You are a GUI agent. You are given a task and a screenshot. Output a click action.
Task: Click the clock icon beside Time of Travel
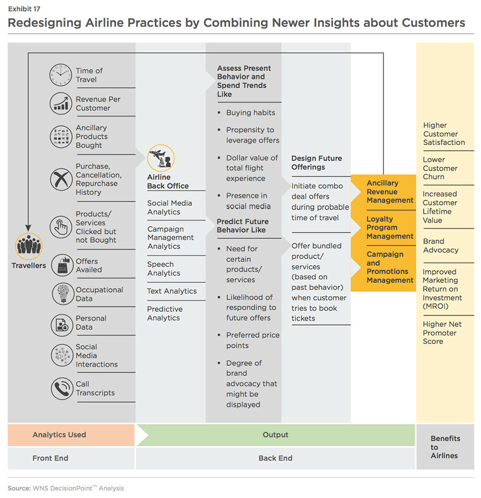click(x=60, y=75)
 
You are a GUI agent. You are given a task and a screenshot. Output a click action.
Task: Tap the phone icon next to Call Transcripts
click(x=61, y=388)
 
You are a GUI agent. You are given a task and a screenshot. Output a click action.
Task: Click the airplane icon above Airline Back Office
click(x=161, y=158)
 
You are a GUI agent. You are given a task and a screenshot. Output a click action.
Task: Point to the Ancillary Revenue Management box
click(x=390, y=191)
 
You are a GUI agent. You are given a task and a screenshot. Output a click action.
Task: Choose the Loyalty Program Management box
click(x=390, y=227)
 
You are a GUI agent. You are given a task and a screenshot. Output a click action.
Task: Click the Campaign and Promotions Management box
click(x=390, y=267)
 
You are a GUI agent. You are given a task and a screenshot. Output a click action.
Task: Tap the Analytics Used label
click(x=59, y=435)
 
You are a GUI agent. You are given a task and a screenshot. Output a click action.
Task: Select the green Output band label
click(x=275, y=435)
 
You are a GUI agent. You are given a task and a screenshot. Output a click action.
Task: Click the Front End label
click(x=50, y=458)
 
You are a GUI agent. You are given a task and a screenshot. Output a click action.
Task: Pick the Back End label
click(x=275, y=458)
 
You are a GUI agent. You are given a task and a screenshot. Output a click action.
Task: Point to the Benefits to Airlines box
click(x=445, y=447)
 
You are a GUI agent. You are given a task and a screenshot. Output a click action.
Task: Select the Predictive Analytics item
click(x=165, y=313)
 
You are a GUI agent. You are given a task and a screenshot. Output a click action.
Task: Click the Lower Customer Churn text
click(x=440, y=168)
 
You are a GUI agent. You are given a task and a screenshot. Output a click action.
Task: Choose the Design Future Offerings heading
click(x=316, y=163)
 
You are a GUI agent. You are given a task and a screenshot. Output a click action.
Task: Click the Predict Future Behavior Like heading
click(x=243, y=226)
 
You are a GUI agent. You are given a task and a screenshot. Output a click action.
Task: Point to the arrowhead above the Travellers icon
click(x=28, y=228)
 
